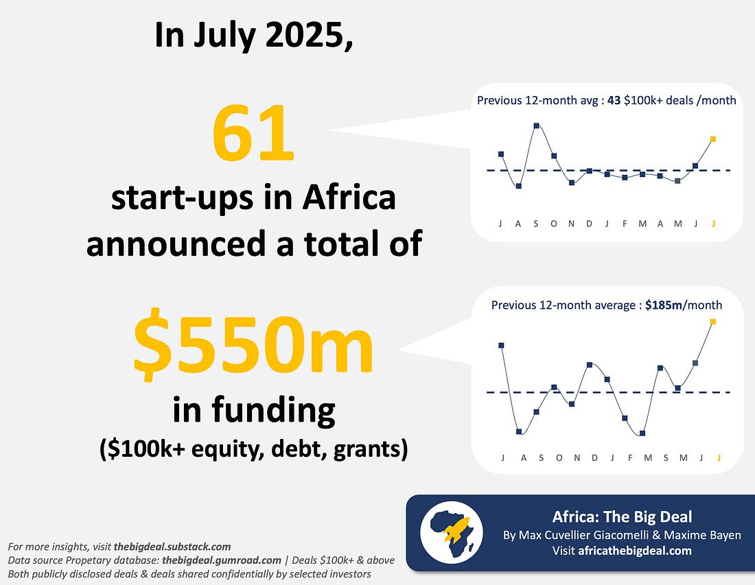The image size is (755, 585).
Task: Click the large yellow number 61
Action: click(x=253, y=135)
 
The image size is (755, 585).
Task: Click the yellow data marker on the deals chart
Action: click(x=714, y=139)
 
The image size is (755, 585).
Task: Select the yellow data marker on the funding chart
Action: click(x=713, y=321)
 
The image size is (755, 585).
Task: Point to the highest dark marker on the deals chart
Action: click(x=536, y=126)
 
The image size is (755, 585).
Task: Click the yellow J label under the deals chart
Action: click(x=714, y=224)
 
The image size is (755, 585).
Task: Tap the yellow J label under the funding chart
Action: click(x=719, y=457)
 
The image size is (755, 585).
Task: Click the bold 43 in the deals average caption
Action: click(x=614, y=101)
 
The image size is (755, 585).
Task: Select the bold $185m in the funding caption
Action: click(x=664, y=305)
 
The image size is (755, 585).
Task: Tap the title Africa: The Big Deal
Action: click(x=622, y=517)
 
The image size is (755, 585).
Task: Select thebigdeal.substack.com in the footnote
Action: click(x=172, y=547)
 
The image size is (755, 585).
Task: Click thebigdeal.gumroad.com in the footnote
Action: click(x=222, y=560)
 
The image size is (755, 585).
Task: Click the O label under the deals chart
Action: click(x=554, y=224)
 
